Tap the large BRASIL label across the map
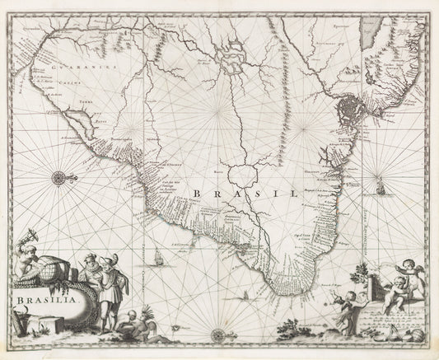pos(248,193)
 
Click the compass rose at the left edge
pos(61,177)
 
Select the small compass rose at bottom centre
pos(218,334)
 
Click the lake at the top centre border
pos(226,54)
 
